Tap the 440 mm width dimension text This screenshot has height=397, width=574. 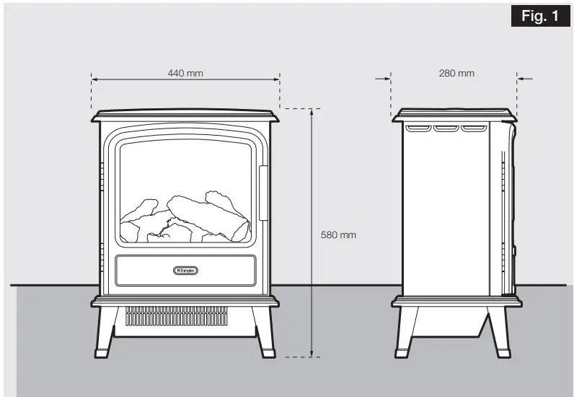(x=185, y=73)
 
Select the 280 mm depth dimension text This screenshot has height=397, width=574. (x=456, y=73)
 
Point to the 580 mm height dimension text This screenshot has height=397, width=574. (x=338, y=235)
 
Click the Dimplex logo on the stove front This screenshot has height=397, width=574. (x=185, y=270)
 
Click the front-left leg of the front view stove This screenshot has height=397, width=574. (x=105, y=332)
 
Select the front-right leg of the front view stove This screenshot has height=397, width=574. (x=265, y=332)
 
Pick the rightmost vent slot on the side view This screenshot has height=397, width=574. (x=472, y=128)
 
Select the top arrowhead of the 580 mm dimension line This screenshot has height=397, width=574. (x=312, y=112)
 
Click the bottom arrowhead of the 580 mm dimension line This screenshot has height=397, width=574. (x=312, y=353)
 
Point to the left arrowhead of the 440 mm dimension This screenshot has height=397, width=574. (x=94, y=78)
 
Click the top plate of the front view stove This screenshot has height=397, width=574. (x=185, y=115)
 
